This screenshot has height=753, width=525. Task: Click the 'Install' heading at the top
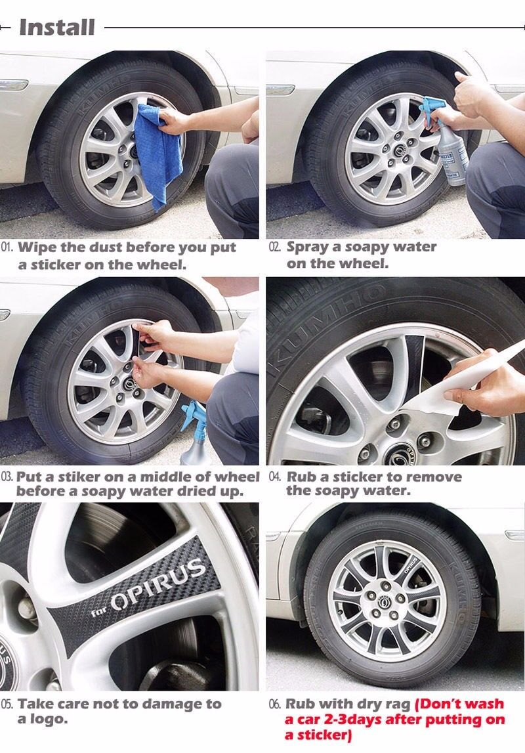56,27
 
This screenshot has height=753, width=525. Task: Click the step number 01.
7,247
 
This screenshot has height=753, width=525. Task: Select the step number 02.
275,247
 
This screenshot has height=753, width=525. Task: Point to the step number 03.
7,477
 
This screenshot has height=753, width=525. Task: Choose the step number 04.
275,477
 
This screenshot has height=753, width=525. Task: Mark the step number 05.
7,704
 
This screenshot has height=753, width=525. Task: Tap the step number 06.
275,704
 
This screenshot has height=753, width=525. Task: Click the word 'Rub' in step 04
301,477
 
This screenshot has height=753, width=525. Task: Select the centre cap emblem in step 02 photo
399,152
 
